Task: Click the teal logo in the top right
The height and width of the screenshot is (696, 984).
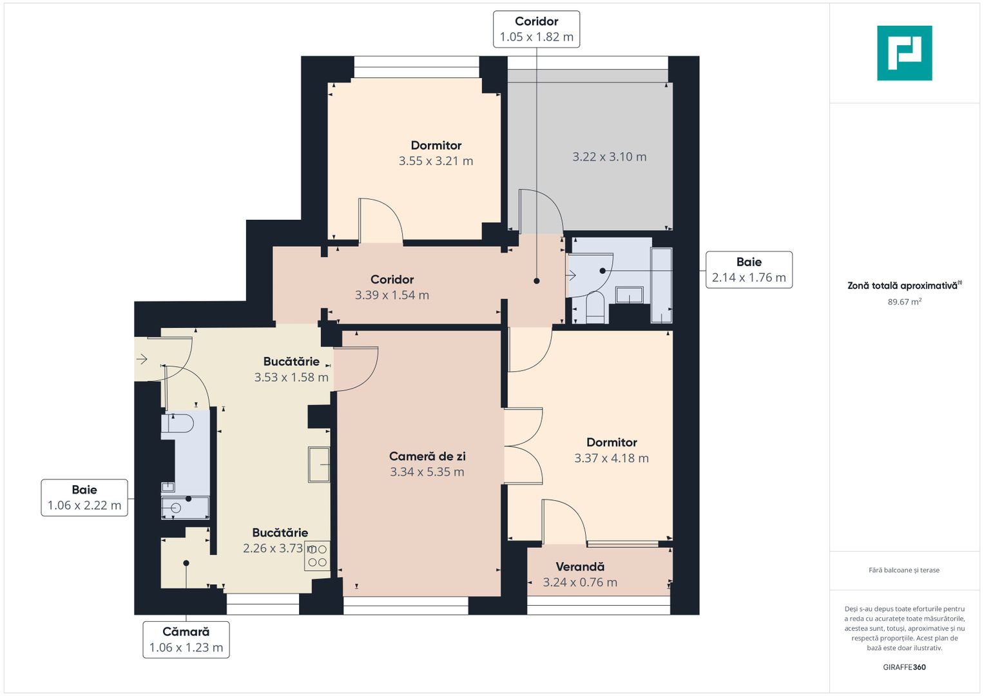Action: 904,53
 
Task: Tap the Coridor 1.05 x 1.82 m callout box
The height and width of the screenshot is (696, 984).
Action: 536,29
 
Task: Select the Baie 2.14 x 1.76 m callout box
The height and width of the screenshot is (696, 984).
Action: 749,269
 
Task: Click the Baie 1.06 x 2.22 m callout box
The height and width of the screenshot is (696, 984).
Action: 84,498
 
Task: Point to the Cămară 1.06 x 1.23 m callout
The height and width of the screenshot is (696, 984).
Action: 186,639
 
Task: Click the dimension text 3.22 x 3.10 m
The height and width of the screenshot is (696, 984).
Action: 609,157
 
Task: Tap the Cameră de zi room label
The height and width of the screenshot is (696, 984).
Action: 427,464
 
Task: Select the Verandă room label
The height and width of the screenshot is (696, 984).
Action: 580,574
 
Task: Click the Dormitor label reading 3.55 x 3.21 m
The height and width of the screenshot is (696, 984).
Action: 436,153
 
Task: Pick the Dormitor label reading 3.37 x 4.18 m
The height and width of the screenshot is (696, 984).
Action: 611,450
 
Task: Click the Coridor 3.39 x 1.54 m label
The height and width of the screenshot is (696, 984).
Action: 392,287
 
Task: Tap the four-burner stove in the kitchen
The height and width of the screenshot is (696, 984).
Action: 317,556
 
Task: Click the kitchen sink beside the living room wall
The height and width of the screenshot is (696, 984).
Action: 319,465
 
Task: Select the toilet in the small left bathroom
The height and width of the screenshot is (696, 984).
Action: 177,423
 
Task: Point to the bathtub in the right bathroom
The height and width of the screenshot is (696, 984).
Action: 661,285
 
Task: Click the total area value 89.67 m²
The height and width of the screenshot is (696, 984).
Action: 904,302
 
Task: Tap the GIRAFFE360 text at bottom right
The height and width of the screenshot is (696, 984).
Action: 904,667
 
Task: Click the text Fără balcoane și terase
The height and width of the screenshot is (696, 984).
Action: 904,570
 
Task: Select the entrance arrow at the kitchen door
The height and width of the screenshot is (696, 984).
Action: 142,359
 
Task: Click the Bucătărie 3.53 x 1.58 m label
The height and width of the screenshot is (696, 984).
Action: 291,369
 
